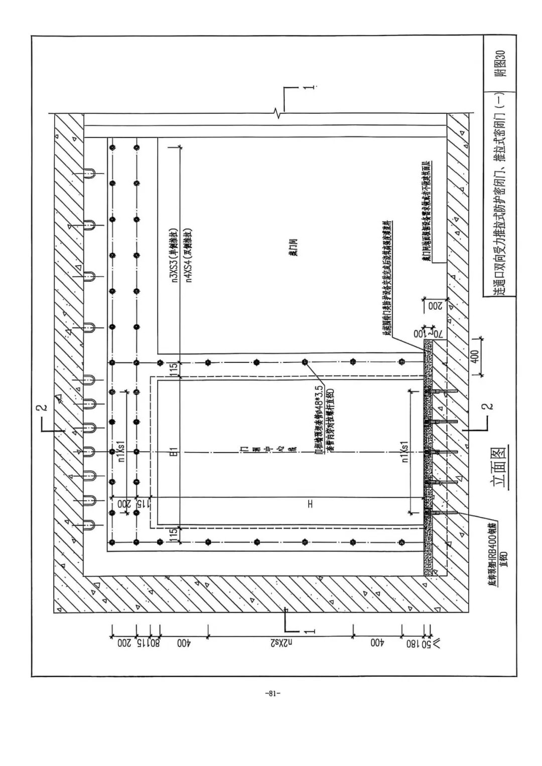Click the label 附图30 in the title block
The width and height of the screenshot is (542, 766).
(500, 63)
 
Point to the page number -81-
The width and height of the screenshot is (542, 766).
(272, 694)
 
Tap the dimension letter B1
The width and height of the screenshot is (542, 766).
(172, 452)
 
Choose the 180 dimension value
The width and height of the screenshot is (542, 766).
(413, 643)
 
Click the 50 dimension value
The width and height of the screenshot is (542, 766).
(426, 643)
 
